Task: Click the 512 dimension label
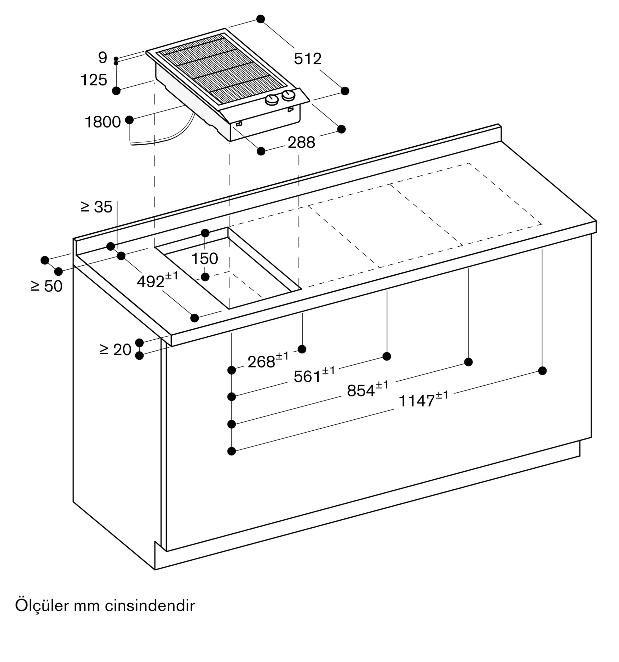[x=307, y=59]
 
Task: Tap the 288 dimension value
[x=301, y=143]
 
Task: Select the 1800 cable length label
[x=103, y=122]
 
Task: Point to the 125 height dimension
[x=94, y=80]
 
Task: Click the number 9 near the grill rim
[x=103, y=58]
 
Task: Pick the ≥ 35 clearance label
[x=97, y=207]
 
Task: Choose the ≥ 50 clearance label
[x=47, y=286]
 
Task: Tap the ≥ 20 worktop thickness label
[x=115, y=350]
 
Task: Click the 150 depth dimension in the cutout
[x=205, y=259]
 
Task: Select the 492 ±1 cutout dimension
[x=157, y=280]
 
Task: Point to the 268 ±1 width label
[x=268, y=360]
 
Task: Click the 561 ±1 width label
[x=314, y=375]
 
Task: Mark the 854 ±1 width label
[x=368, y=389]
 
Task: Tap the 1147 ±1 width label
[x=423, y=399]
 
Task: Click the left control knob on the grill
[x=272, y=100]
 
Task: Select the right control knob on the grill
[x=288, y=96]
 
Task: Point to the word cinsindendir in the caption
[x=150, y=606]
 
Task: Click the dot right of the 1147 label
[x=542, y=370]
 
